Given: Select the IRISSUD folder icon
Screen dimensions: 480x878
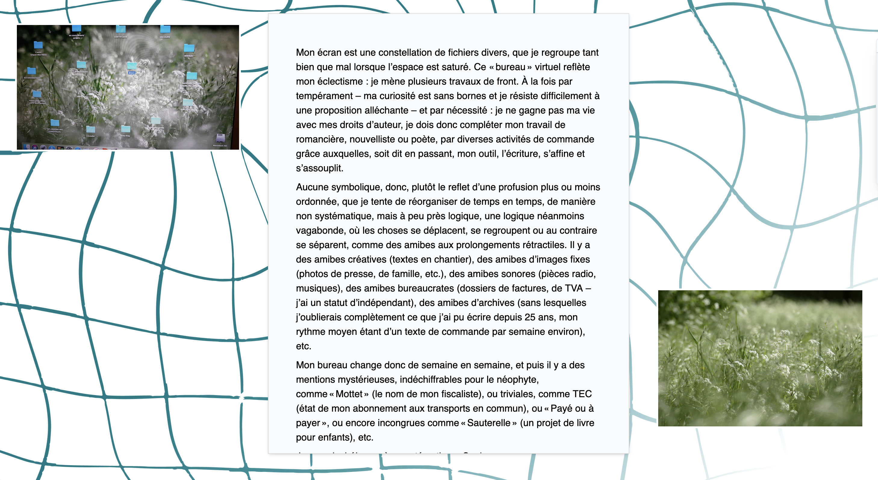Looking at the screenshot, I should pos(189,48).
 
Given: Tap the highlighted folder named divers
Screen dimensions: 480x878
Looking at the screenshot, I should pos(132,66).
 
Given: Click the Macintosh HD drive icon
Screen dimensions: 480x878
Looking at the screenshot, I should pos(220,138).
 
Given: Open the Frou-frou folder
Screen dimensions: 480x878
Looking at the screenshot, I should pos(126,129).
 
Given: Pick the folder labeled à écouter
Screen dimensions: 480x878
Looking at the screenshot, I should pos(90,129).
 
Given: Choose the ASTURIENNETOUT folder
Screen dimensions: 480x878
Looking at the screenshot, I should pos(31,71).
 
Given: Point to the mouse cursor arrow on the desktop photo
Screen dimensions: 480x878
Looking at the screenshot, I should pos(50,31).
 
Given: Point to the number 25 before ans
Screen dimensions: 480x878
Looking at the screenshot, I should pos(530,317).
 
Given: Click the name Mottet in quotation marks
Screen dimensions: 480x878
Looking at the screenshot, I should pos(349,394).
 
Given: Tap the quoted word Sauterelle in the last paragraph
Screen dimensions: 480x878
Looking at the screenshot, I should pos(488,423).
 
